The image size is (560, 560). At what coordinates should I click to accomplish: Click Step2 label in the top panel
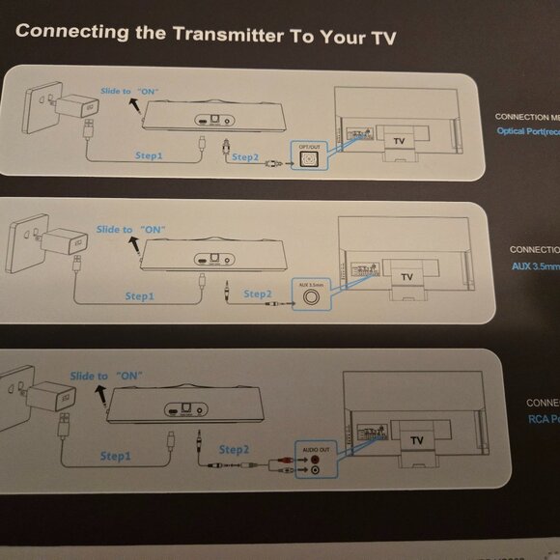coord(245,155)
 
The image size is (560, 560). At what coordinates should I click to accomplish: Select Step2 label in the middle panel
coord(259,294)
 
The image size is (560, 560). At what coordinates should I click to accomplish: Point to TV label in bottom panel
coord(416,439)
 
